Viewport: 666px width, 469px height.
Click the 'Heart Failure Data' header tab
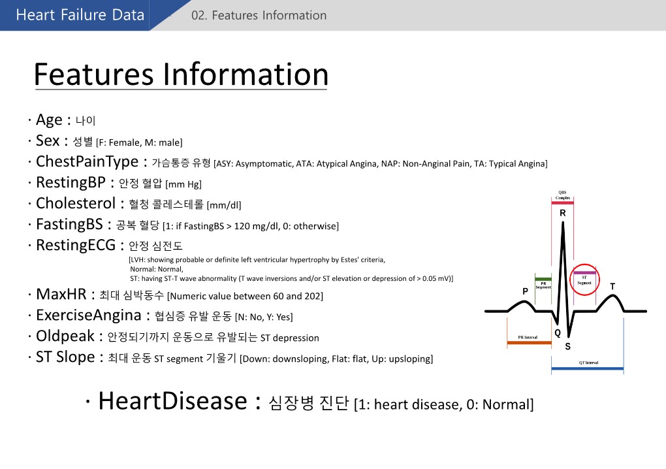pos(80,15)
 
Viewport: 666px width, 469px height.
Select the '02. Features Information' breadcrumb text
pos(259,15)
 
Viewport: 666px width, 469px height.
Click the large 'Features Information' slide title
pos(180,74)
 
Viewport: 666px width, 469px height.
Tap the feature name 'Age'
pos(49,120)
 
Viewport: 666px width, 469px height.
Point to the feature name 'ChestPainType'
pos(87,161)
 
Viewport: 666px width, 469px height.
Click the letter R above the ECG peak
pos(563,213)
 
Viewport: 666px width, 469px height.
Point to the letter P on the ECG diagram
pos(524,290)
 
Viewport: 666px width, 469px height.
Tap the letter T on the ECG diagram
pos(612,286)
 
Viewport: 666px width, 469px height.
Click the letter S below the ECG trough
pos(567,346)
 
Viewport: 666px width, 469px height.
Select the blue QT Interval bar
pos(587,369)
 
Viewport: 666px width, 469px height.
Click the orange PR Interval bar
pos(529,342)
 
